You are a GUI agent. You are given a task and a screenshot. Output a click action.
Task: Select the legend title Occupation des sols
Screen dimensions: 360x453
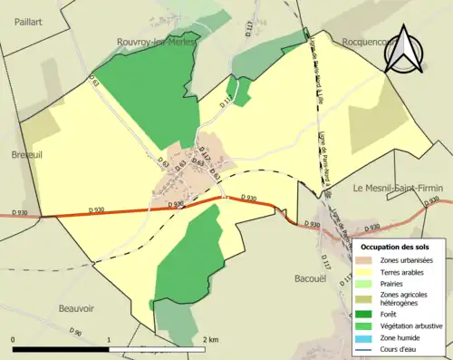click(x=395, y=246)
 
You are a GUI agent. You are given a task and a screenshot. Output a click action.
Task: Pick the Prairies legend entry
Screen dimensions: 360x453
click(x=395, y=284)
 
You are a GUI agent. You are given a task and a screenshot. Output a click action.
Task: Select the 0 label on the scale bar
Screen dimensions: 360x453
click(x=13, y=339)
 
